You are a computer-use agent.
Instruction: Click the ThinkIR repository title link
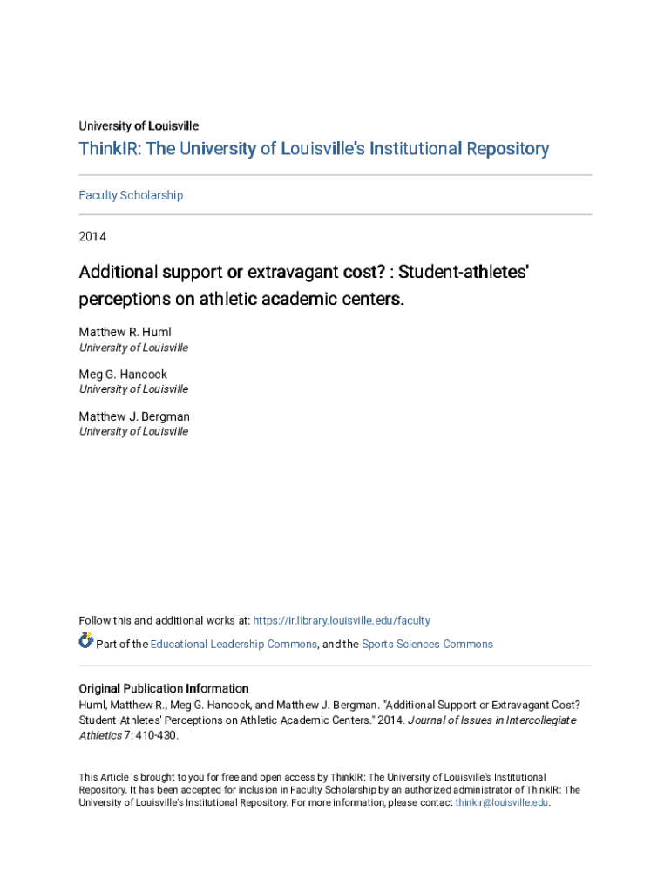click(x=314, y=149)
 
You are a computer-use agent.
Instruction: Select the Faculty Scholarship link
click(x=131, y=195)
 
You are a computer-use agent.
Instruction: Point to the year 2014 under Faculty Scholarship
click(x=93, y=236)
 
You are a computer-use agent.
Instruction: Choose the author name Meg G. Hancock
click(x=123, y=375)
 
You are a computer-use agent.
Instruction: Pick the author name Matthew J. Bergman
click(x=134, y=416)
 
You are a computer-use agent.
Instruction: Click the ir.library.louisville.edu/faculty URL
click(x=341, y=621)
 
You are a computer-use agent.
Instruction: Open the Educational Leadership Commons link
click(x=234, y=645)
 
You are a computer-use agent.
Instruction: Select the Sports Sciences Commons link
click(x=427, y=645)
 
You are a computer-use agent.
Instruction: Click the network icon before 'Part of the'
click(x=85, y=641)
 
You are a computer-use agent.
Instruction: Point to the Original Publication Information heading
click(x=164, y=688)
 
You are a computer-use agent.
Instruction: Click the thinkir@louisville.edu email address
click(x=502, y=803)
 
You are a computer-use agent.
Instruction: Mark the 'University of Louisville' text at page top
click(x=139, y=126)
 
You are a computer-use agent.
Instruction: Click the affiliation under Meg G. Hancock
click(x=133, y=389)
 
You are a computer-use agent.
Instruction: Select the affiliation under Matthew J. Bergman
click(x=133, y=431)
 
